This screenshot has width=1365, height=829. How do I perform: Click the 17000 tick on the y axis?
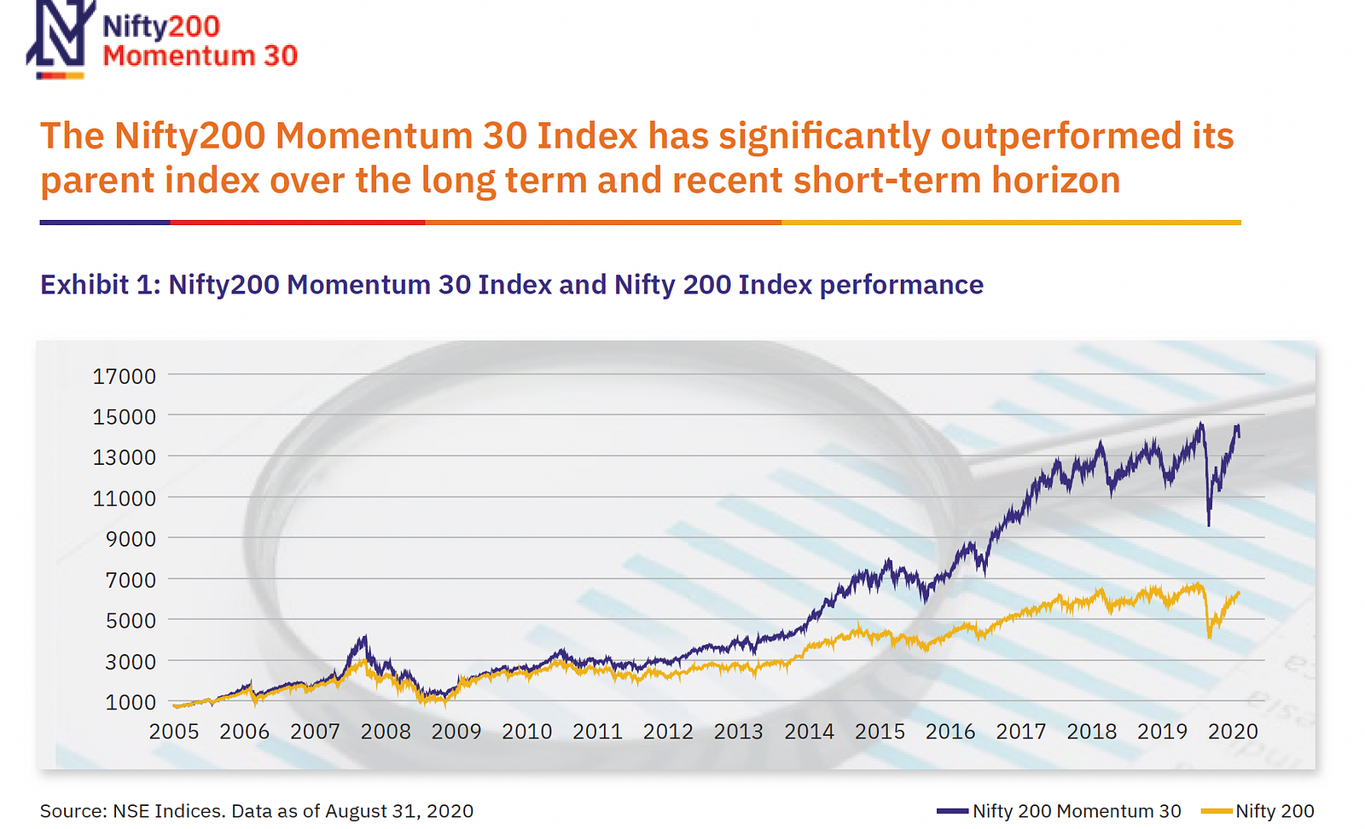click(x=125, y=376)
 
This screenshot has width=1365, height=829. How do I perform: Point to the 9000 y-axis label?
click(x=131, y=539)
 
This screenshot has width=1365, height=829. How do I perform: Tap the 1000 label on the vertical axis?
click(x=131, y=702)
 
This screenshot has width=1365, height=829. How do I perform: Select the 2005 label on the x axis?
click(x=174, y=732)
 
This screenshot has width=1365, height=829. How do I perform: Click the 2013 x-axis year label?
click(x=738, y=732)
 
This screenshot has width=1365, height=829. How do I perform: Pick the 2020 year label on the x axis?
click(x=1233, y=732)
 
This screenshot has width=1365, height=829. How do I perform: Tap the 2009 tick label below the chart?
click(x=456, y=732)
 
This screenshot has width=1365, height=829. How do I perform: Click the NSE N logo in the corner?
click(x=58, y=38)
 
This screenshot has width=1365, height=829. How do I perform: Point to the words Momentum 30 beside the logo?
click(x=200, y=56)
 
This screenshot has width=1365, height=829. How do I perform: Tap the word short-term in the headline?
click(x=887, y=181)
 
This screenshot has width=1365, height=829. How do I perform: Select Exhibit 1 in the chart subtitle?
click(x=100, y=284)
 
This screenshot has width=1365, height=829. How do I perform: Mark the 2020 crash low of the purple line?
click(x=1209, y=524)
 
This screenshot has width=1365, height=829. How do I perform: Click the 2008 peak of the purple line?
click(x=364, y=636)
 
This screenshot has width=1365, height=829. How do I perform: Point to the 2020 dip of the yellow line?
click(x=1210, y=636)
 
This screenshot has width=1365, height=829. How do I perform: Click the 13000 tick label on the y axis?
click(x=125, y=457)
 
